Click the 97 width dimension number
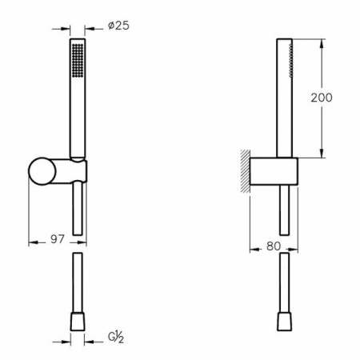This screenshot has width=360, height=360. (56, 239)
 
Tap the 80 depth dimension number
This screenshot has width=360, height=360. (273, 247)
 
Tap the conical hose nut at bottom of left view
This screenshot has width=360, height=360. (78, 323)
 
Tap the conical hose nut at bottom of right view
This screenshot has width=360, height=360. (285, 322)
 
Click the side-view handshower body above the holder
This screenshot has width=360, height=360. (284, 96)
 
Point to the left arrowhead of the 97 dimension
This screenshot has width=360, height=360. (32, 239)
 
